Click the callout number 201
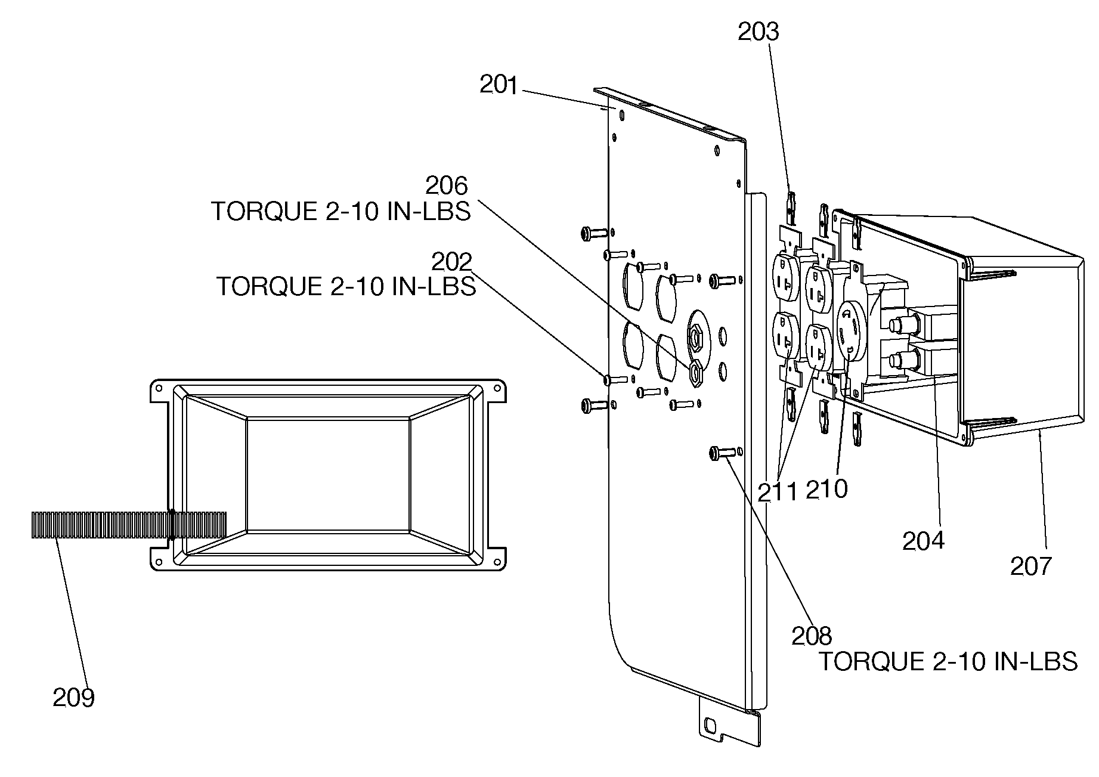coord(499,85)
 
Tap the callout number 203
coord(759,32)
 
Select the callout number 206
coord(447,186)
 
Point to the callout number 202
coord(451,261)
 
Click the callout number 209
coord(73,697)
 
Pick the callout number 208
coord(812,636)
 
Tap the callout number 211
coord(778,492)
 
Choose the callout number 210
coord(826,490)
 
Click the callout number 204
coord(924,540)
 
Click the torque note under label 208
coord(948,661)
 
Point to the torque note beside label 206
coord(341,211)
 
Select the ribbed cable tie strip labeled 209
coord(129,525)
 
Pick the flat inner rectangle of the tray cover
coord(328,474)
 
